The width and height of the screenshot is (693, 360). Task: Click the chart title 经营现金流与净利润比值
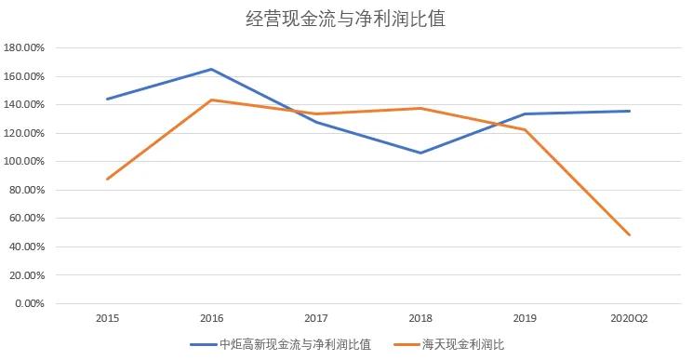tap(345, 19)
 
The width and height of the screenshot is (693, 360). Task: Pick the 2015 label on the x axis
tap(107, 318)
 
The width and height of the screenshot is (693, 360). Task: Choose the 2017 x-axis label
tap(316, 318)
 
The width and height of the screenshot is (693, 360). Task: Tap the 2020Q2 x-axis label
tap(630, 318)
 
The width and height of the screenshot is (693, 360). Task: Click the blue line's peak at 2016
tap(212, 69)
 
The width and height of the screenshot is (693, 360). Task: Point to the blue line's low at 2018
tap(420, 153)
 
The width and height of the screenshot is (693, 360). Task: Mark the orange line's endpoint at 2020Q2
tap(630, 234)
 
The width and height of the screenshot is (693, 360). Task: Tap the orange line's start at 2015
tap(107, 179)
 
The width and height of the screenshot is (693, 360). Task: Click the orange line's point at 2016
tap(212, 100)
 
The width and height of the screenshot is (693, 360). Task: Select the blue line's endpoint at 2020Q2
tap(630, 112)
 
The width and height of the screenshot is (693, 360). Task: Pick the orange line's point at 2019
tap(526, 129)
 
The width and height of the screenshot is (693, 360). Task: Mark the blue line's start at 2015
tap(107, 99)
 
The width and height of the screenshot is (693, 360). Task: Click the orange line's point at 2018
tap(420, 108)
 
